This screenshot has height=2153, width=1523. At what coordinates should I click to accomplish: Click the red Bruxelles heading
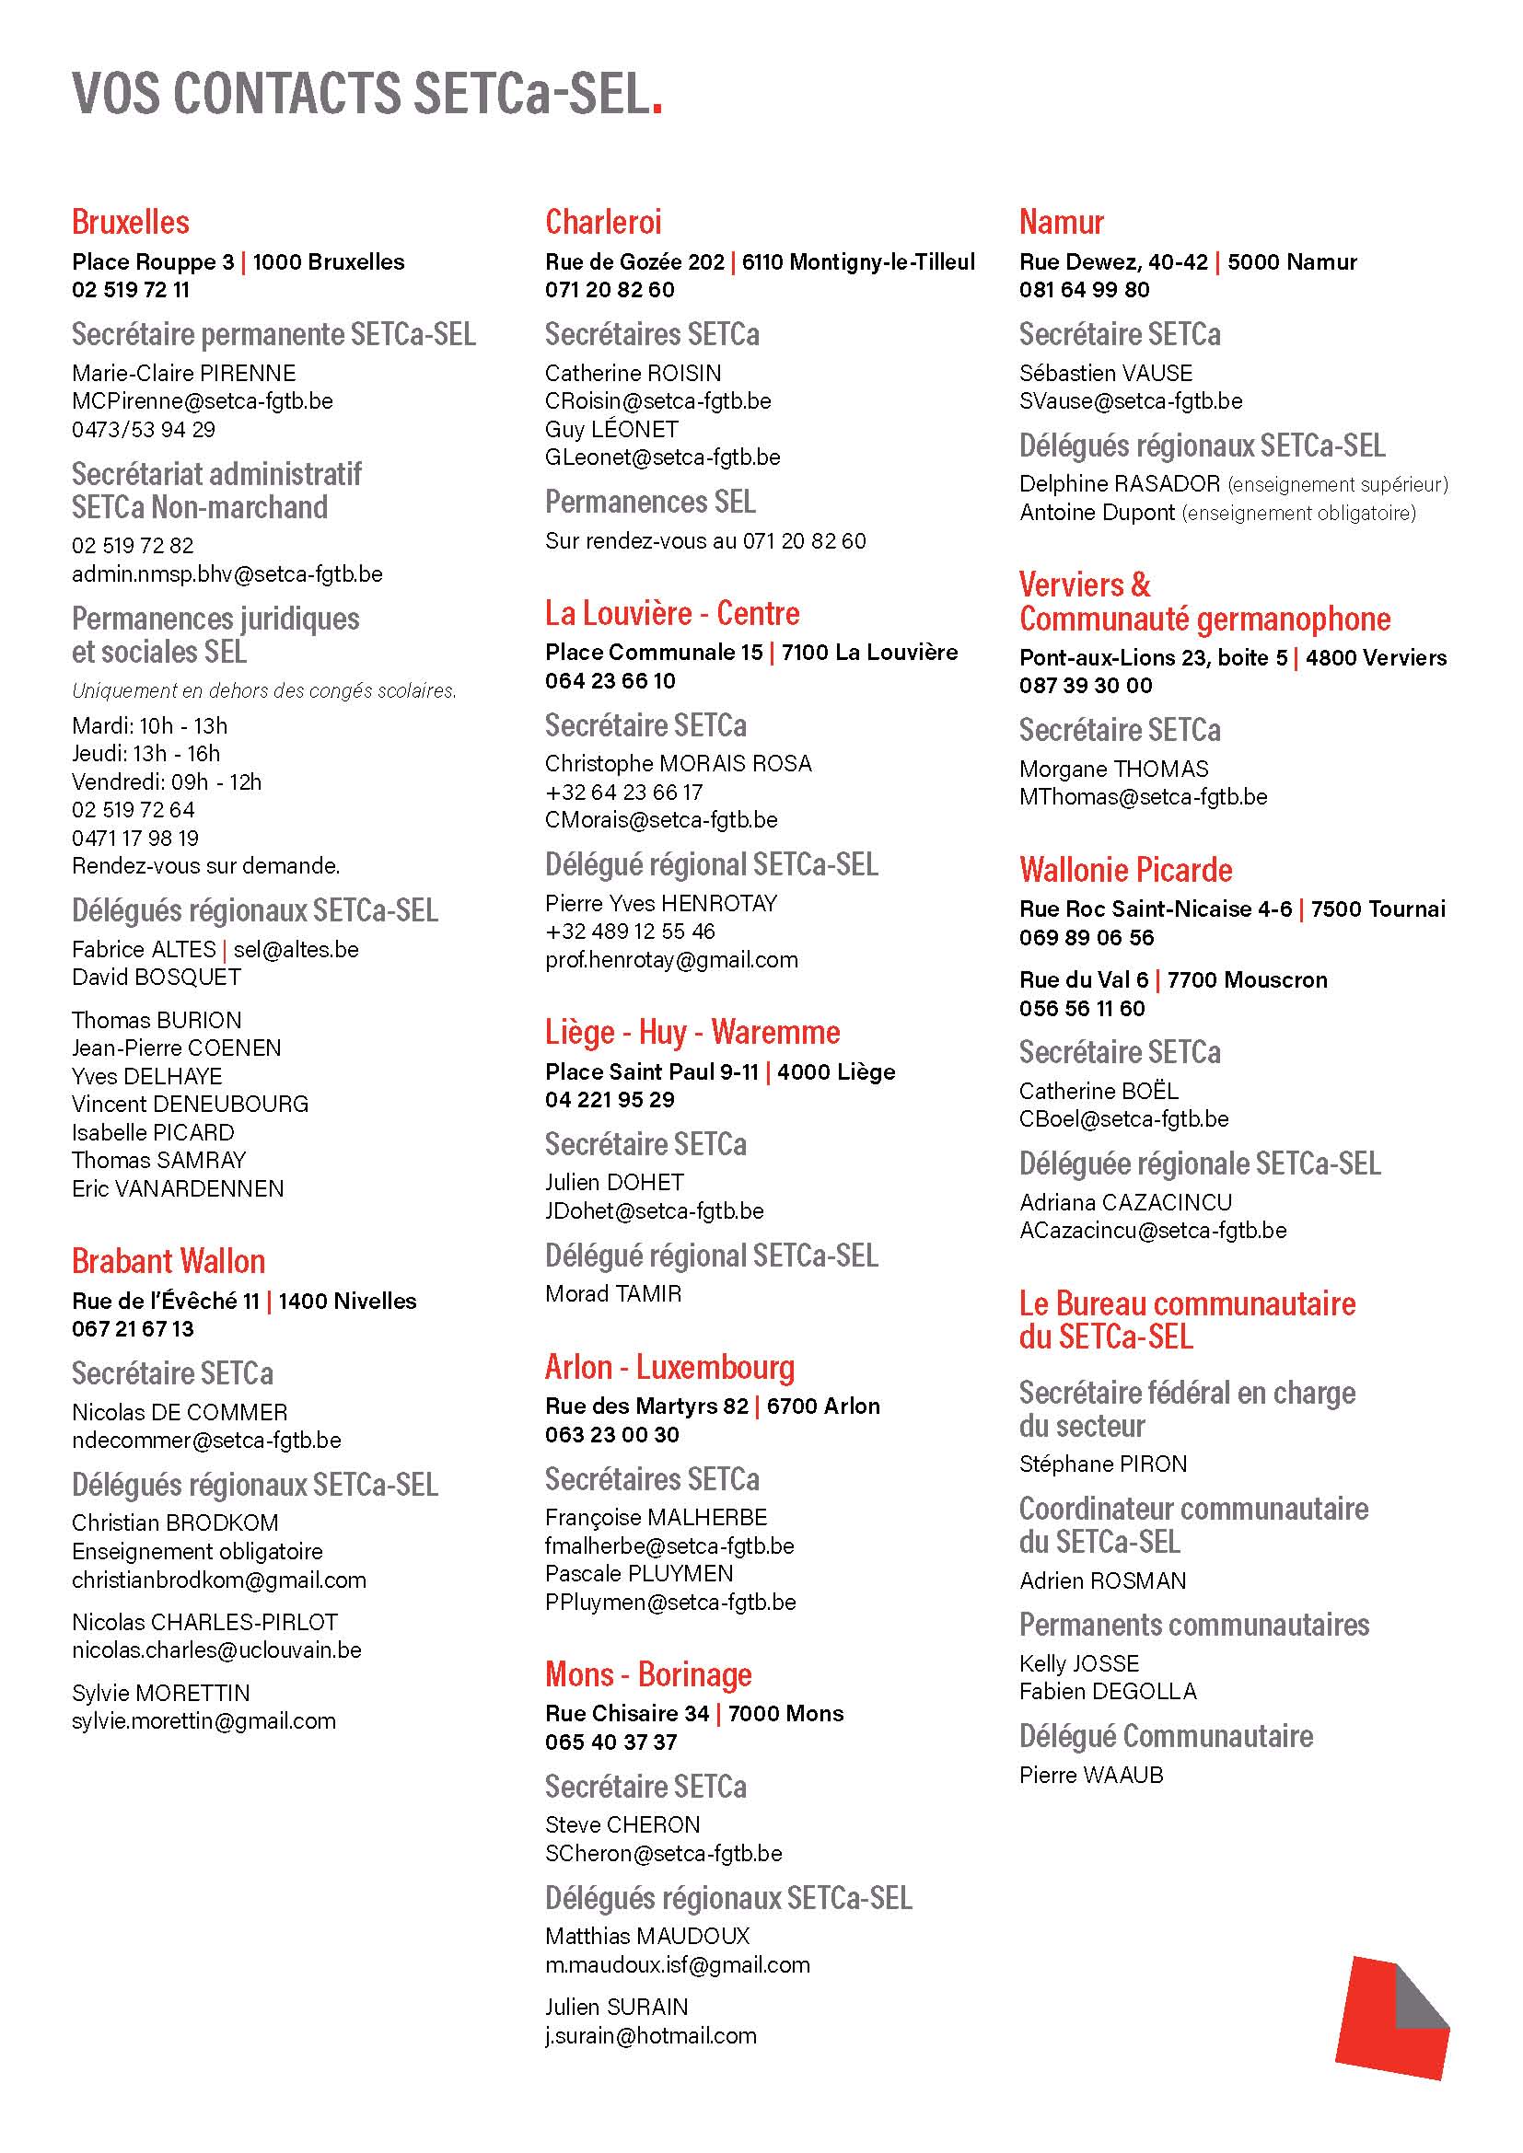[x=131, y=222]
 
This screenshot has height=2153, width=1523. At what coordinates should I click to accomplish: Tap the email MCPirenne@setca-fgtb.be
[x=202, y=401]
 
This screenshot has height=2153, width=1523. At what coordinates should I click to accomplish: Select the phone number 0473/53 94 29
[x=144, y=430]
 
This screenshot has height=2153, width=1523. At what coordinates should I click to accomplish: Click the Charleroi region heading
[x=603, y=222]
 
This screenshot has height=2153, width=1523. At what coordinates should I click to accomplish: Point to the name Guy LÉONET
[x=611, y=430]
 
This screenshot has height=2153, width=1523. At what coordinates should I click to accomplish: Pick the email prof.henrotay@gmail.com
[x=671, y=960]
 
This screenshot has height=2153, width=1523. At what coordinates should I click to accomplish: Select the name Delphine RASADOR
[x=1119, y=484]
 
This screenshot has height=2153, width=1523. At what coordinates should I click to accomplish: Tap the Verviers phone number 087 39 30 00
[x=1085, y=686]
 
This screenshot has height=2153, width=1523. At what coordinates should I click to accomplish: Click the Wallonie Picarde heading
[x=1125, y=870]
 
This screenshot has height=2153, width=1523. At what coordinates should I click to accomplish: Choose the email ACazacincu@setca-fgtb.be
[x=1153, y=1231]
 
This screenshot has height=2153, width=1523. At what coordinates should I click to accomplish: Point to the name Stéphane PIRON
[x=1103, y=1464]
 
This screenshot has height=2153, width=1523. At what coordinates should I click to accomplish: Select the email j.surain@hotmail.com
[x=650, y=2036]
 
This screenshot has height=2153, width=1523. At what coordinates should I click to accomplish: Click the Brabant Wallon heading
[x=169, y=1261]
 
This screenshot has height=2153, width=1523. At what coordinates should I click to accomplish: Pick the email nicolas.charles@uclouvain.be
[x=216, y=1650]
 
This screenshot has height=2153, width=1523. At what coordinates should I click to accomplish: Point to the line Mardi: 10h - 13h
[x=149, y=725]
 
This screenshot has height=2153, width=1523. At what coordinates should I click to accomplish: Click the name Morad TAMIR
[x=613, y=1294]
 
